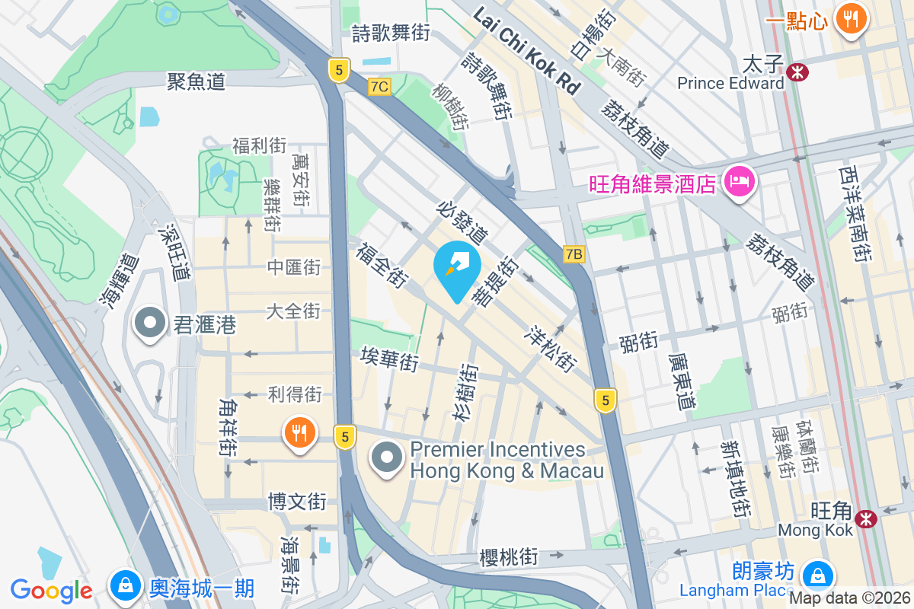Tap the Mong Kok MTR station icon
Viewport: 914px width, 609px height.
coord(865,518)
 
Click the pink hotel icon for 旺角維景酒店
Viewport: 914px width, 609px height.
coord(738,183)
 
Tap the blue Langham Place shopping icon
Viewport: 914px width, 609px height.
coord(817,573)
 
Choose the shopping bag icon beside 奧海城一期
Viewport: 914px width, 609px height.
coord(123,585)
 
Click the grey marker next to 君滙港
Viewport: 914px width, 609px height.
coord(150,324)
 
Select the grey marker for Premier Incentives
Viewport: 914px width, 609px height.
coord(388,458)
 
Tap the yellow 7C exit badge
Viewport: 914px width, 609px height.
coord(379,87)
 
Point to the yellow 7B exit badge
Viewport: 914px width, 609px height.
coord(574,254)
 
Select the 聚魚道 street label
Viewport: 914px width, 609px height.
coord(197,82)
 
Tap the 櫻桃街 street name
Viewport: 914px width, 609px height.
coord(509,557)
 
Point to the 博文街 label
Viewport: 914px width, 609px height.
coord(297,502)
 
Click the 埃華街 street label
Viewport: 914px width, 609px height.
coord(390,359)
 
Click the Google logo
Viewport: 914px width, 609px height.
coord(52,590)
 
